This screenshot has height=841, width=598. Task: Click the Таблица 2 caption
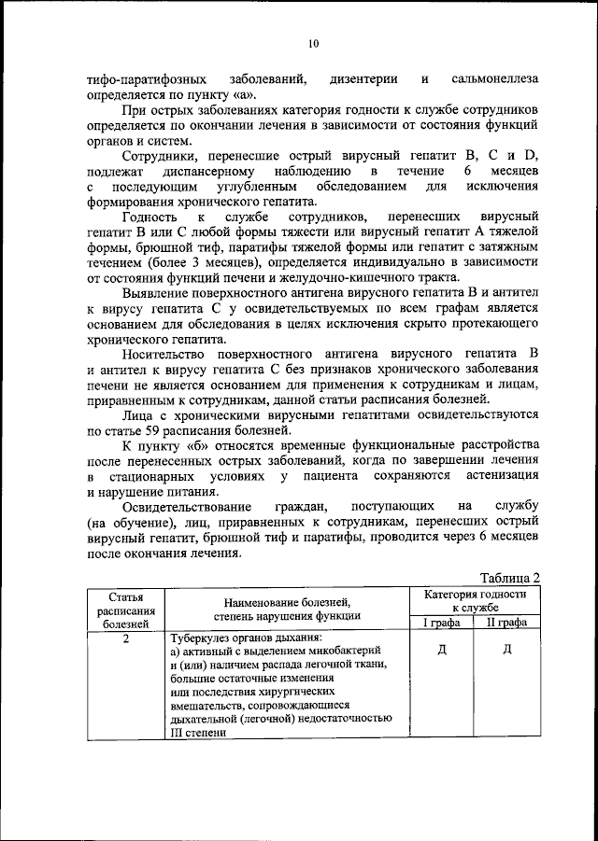(509, 578)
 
